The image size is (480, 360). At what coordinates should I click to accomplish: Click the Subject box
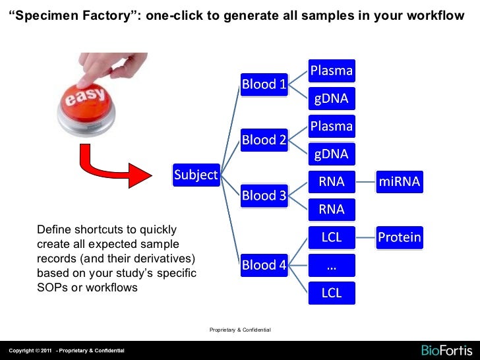click(x=196, y=175)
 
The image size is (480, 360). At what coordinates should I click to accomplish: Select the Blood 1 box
click(x=264, y=84)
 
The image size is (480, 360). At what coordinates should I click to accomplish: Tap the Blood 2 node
click(x=264, y=140)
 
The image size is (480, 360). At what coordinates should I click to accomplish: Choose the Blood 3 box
click(x=264, y=195)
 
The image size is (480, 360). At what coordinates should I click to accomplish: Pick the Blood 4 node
click(x=264, y=265)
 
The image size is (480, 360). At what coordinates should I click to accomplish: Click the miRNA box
click(x=399, y=182)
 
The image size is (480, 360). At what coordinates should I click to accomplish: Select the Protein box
click(x=399, y=237)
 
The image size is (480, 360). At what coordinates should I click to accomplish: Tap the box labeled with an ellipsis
click(x=332, y=265)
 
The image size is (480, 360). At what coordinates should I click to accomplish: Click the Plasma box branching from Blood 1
click(x=332, y=71)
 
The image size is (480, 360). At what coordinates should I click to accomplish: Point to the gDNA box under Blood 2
click(x=332, y=154)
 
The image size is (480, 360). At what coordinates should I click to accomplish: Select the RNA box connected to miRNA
click(x=332, y=182)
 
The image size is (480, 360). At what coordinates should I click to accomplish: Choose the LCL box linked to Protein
click(x=332, y=237)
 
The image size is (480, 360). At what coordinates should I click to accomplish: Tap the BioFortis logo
click(x=446, y=350)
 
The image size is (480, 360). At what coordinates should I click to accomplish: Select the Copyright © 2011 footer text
click(x=30, y=350)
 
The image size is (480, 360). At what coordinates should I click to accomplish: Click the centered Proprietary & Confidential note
click(x=240, y=330)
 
